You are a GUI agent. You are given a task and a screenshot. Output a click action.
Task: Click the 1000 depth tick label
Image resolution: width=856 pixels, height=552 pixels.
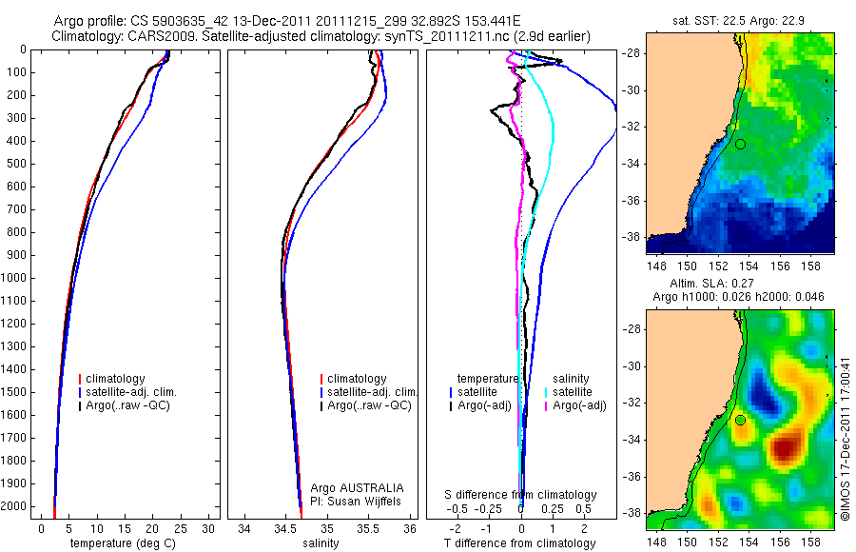(x=15, y=278)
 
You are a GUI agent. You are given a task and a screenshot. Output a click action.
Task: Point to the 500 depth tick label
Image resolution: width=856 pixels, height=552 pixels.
(x=18, y=164)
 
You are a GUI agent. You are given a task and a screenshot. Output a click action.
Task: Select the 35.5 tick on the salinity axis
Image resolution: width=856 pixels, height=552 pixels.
(x=369, y=529)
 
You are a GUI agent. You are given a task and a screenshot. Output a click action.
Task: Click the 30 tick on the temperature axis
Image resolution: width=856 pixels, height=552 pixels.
(x=209, y=529)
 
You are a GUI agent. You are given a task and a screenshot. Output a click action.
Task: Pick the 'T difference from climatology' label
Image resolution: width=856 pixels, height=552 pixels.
(x=520, y=543)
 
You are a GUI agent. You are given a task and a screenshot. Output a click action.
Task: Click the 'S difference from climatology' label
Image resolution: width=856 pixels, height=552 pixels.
(x=521, y=495)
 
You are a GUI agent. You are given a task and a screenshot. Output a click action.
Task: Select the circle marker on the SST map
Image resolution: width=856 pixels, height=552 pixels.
(x=740, y=144)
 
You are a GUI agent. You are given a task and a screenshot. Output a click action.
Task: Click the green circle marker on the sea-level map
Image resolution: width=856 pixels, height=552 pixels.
(x=740, y=420)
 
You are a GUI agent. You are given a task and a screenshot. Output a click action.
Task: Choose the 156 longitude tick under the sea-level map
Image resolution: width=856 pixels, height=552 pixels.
(x=780, y=529)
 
